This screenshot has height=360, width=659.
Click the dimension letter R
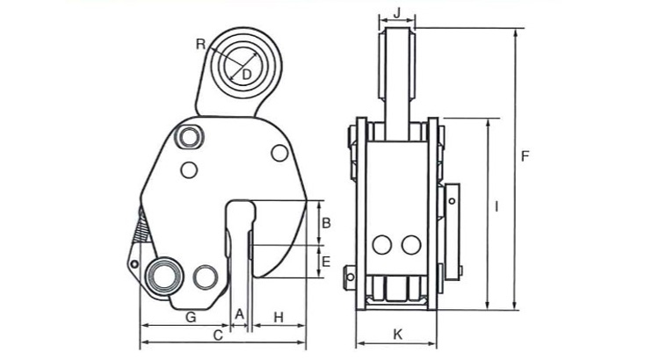pos(201,44)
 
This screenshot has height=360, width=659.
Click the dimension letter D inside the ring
pos(247,75)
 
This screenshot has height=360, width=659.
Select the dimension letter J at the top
pos(397,13)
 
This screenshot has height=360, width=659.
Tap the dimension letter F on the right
pos(525,156)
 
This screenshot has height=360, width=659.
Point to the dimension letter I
pos(496,206)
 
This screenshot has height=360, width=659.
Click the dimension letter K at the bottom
pos(397,335)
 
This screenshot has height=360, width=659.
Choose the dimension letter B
pos(326,223)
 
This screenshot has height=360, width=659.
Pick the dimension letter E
pos(326,263)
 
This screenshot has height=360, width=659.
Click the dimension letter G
pos(191,317)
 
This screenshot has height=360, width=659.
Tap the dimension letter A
pos(239,314)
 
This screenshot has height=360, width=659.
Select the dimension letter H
pos(279,318)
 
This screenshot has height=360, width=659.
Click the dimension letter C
pos(218,335)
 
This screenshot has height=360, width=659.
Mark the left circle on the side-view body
pos(382,245)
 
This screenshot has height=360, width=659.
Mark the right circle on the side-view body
pos(411,245)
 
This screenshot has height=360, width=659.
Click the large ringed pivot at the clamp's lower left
pos(164,276)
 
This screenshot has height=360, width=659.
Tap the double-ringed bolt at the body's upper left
pos(190,137)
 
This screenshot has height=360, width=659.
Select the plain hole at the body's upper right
pos(279,153)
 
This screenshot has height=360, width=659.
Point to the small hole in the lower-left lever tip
pos(134,264)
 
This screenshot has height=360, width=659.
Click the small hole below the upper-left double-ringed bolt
pos(189,170)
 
